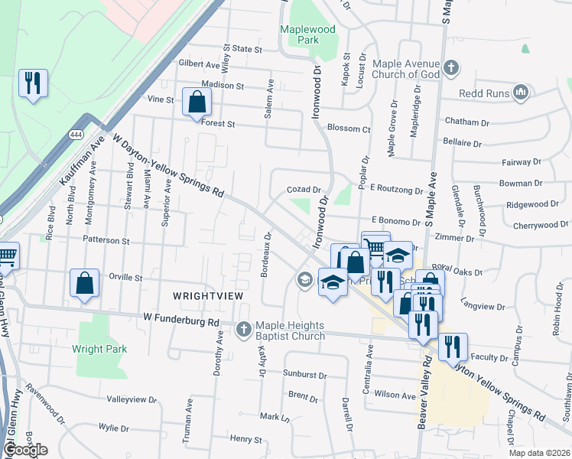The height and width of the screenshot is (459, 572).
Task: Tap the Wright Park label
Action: pos(99,349)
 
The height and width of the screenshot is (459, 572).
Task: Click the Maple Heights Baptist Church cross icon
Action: pos(244,330)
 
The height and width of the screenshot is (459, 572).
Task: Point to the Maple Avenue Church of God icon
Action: pos(451,68)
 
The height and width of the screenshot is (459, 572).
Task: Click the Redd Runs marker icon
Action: pos(522,93)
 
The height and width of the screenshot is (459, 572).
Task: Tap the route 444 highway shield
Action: pos(76,135)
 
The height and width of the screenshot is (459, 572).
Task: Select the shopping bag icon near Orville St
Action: pos(84,283)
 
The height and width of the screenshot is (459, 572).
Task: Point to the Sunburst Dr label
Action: pos(304,376)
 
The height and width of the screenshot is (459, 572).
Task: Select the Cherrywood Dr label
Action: pos(536,226)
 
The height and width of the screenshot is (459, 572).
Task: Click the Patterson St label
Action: pos(107,240)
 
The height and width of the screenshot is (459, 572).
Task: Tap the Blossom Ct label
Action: pos(348,129)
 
